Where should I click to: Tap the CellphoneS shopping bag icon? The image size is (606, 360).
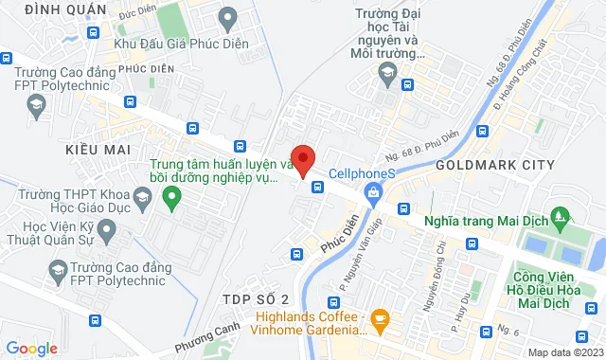tap(373, 195)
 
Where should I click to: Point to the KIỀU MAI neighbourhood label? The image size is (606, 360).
tap(98, 151)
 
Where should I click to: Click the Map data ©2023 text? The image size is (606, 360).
tap(564, 352)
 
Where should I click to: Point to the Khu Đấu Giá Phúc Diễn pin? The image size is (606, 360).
tap(227, 17)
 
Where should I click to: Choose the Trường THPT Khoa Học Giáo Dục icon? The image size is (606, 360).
tap(143, 199)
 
